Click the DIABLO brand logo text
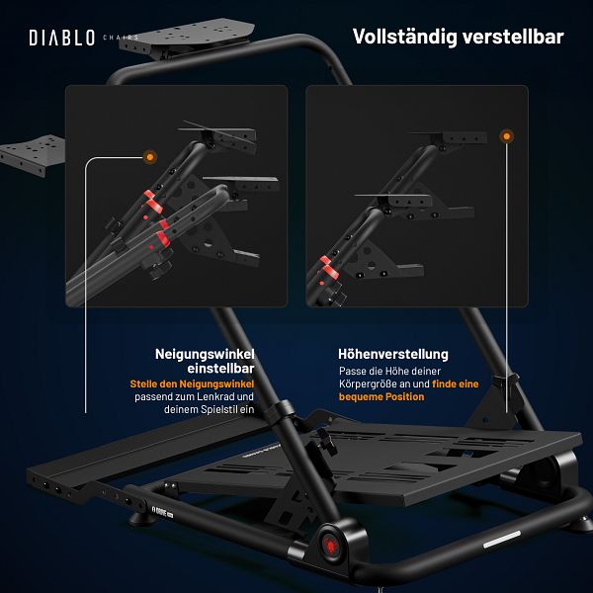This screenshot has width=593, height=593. [61, 38]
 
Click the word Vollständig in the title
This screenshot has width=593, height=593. [404, 38]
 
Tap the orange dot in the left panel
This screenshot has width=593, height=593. [150, 156]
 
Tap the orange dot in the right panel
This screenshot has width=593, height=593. [506, 136]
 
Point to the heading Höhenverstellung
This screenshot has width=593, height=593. [393, 354]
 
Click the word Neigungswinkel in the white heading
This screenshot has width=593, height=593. [205, 355]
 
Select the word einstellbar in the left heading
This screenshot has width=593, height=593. [220, 369]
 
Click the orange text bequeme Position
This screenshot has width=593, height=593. [381, 397]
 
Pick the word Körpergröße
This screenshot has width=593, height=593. [368, 384]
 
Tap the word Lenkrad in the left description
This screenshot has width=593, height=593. [215, 396]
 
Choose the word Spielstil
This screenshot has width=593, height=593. [219, 409]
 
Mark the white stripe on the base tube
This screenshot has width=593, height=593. [502, 540]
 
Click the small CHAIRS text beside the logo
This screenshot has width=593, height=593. [121, 38]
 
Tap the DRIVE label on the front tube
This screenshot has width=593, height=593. [163, 511]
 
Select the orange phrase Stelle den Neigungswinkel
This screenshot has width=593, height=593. [192, 383]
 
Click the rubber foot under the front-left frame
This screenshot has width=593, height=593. [141, 519]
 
